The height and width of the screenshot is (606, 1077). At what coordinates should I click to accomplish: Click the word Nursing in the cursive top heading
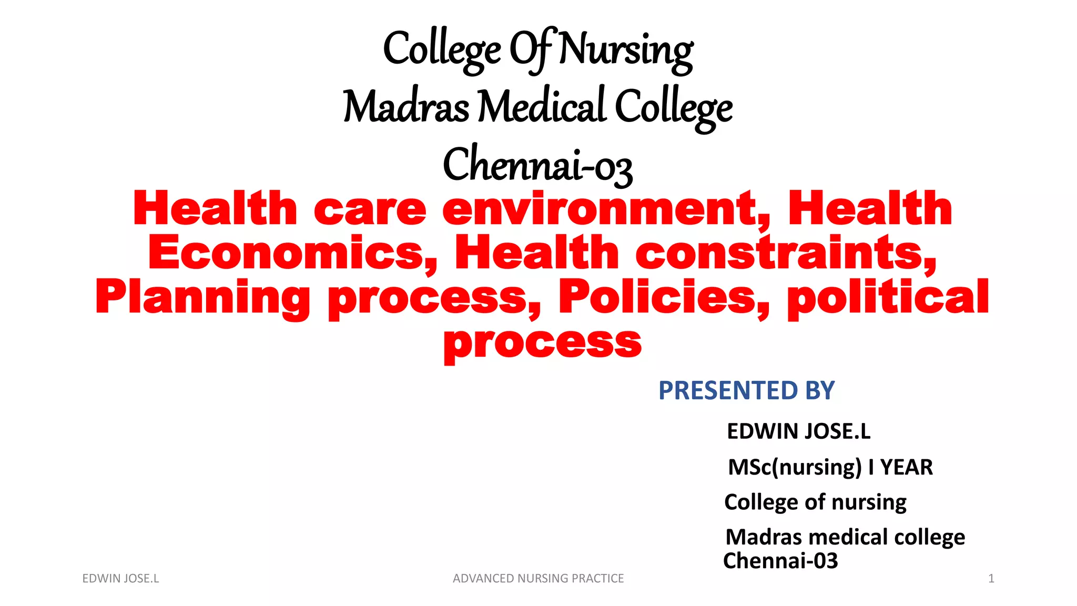[x=626, y=50]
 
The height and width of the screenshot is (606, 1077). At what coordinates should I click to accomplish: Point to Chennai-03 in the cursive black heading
[x=537, y=165]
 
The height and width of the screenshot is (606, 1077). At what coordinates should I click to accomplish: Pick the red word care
[x=370, y=209]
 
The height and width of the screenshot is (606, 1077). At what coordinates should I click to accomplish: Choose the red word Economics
[x=292, y=253]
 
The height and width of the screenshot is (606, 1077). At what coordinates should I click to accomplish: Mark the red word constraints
[x=786, y=253]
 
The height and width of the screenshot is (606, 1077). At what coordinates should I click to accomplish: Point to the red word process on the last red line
[x=542, y=342]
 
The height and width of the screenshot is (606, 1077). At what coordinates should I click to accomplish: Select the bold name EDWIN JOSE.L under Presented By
[x=798, y=431]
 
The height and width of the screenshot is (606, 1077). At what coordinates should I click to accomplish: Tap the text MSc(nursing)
[x=795, y=467]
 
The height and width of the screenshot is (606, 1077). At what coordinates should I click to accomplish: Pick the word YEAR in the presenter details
[x=906, y=467]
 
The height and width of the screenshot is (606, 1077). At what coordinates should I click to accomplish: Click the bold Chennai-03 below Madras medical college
[x=780, y=561]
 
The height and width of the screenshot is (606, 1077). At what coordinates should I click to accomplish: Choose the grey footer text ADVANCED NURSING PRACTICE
[x=538, y=579]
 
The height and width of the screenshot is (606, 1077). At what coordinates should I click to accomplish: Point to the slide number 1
[x=991, y=579]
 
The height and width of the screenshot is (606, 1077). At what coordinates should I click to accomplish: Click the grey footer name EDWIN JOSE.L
[x=120, y=579]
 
